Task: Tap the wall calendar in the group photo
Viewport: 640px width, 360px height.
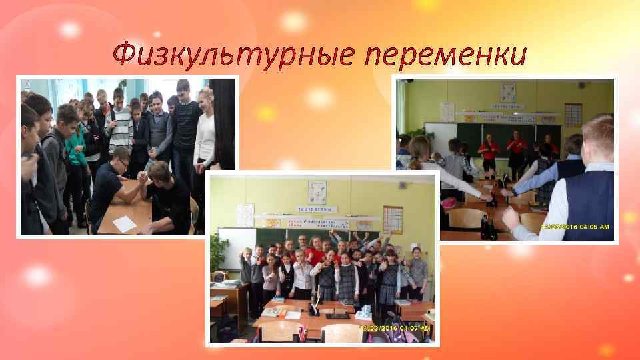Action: click(x=393, y=219)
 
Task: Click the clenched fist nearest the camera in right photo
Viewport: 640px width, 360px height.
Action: click(x=511, y=217)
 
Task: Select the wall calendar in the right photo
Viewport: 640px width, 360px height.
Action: click(x=573, y=114)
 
